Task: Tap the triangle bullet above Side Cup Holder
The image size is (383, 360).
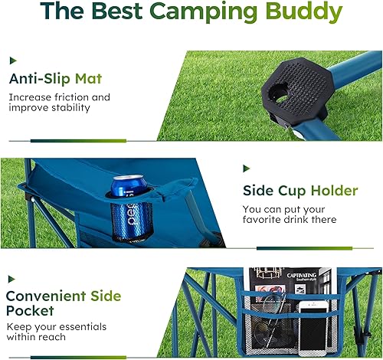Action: coord(246,168)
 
